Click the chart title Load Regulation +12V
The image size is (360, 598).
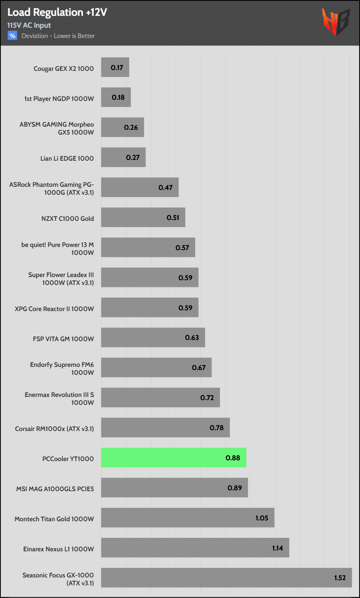[x=57, y=12]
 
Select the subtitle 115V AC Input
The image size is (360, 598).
[x=29, y=25]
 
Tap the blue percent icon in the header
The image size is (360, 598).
[x=12, y=36]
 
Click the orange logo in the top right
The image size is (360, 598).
[x=335, y=22]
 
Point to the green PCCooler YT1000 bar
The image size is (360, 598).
[x=173, y=458]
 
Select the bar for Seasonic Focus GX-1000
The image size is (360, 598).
[x=226, y=577]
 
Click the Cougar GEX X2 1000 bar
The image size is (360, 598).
[x=115, y=67]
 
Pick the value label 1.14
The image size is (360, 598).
[x=277, y=548]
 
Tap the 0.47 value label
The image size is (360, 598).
[x=166, y=188]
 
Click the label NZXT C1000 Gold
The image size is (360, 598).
[x=68, y=218]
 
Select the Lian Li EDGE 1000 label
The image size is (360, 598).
[x=67, y=158]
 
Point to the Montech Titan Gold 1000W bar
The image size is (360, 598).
[x=187, y=518]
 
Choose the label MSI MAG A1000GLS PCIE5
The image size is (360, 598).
[x=55, y=489]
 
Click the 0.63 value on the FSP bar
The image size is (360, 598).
[x=192, y=338]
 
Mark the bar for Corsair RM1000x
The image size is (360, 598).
[x=165, y=427]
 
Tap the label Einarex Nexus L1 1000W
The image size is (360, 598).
[x=59, y=549]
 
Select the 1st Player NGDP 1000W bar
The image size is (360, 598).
[x=116, y=97]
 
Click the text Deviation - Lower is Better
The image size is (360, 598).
[x=58, y=36]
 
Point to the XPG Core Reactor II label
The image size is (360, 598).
[x=54, y=309]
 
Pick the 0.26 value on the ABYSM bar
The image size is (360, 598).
[x=131, y=127]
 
